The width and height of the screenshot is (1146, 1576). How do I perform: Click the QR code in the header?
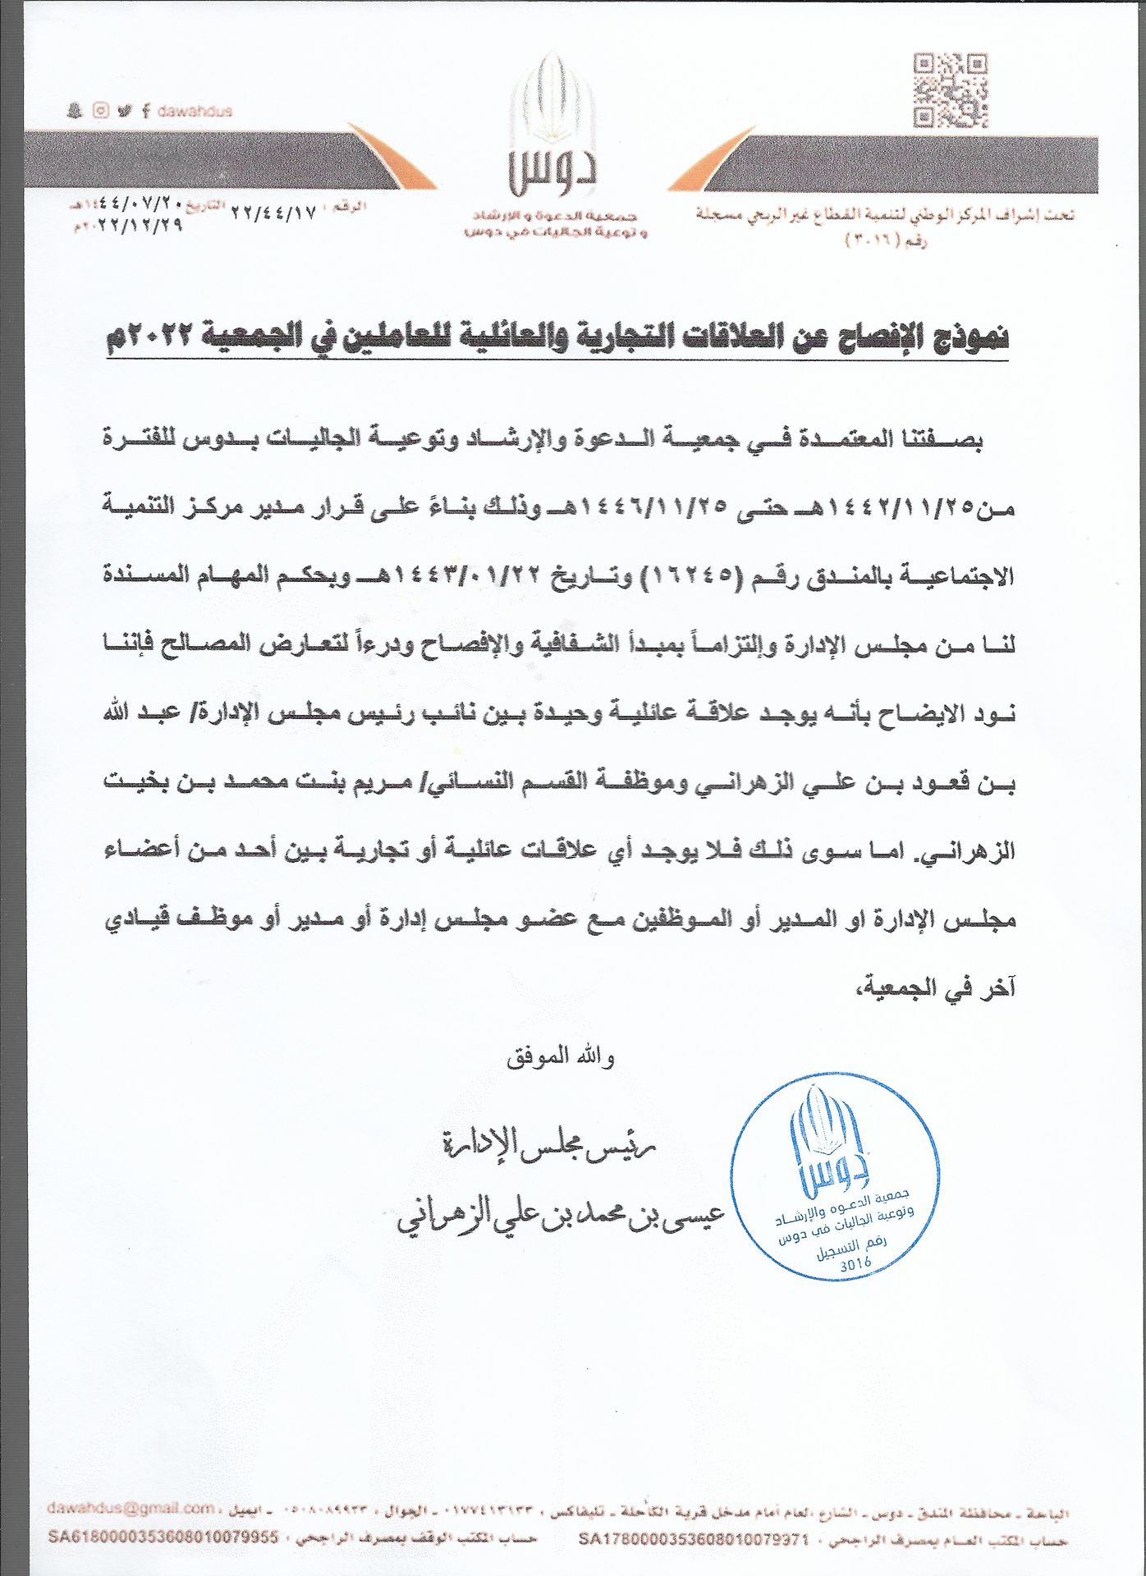tap(951, 91)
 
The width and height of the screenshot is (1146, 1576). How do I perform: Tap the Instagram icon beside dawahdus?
tap(100, 111)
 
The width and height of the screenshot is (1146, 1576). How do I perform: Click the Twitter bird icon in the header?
tap(124, 111)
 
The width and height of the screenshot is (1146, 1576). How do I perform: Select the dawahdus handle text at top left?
tap(194, 111)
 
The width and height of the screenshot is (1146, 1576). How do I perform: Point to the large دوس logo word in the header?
tap(552, 171)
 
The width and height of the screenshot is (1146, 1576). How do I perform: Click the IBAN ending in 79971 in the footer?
tap(694, 1540)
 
